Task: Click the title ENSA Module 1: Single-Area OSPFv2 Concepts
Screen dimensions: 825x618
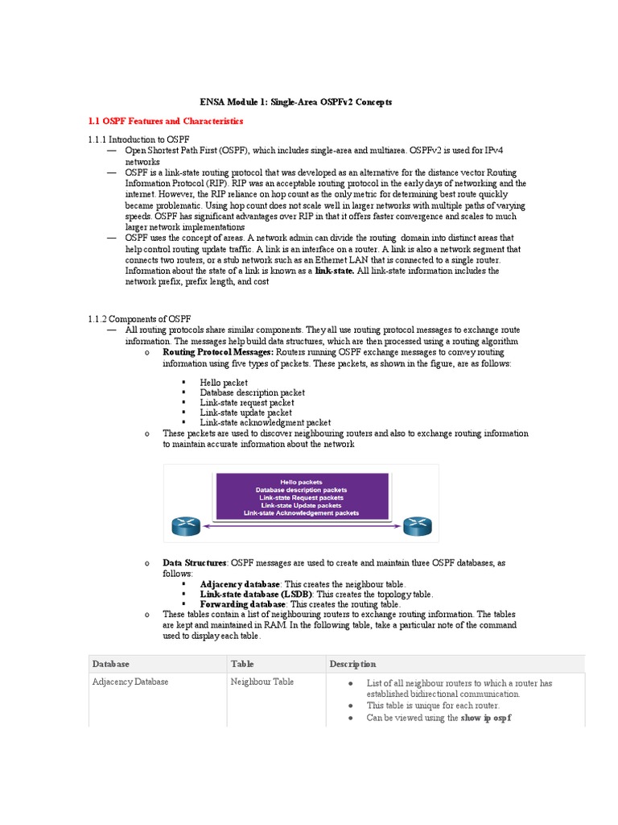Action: [295, 102]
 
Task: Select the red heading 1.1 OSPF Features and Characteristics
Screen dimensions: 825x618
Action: [165, 121]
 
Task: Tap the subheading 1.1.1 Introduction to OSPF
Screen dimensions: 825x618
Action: [138, 140]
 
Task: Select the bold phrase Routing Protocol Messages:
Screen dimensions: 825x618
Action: [218, 352]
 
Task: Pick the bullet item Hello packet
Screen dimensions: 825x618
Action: [224, 383]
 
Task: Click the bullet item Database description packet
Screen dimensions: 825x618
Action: [252, 392]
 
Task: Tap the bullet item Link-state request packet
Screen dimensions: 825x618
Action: [247, 403]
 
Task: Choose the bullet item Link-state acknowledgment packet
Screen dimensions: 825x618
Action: [265, 422]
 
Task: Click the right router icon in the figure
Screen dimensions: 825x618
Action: [416, 526]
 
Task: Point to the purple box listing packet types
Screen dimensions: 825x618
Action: [308, 495]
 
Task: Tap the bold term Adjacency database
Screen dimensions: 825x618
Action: [240, 583]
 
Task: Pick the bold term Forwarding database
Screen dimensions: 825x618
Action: [242, 603]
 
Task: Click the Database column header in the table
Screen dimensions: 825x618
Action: [111, 664]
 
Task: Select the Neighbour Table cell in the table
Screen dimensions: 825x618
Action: [262, 682]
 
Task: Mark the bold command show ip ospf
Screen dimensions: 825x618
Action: [486, 717]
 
